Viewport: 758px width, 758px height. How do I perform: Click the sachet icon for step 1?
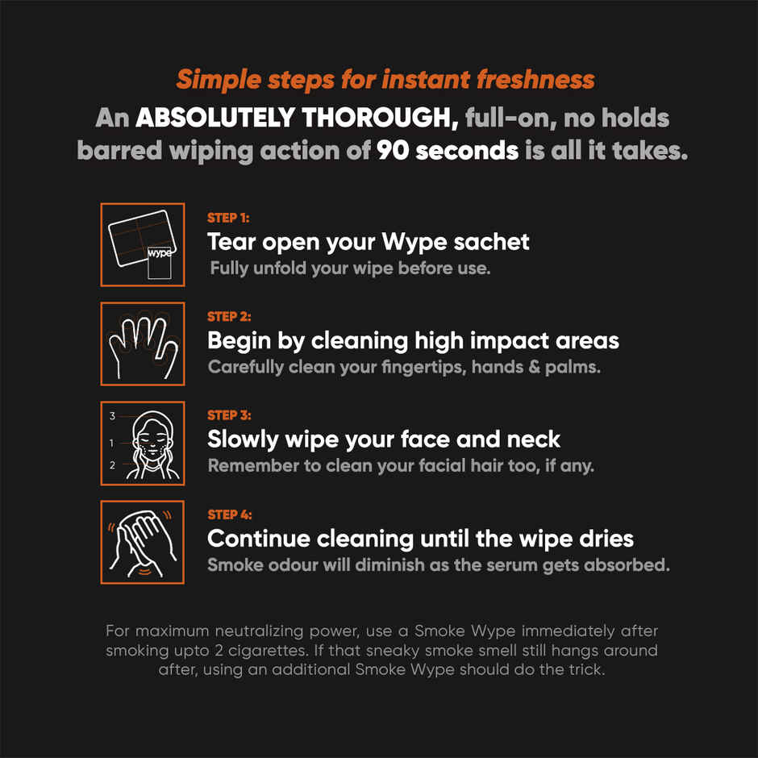[x=143, y=245]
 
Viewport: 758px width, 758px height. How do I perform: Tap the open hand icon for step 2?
[x=143, y=344]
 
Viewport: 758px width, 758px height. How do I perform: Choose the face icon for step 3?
[x=143, y=444]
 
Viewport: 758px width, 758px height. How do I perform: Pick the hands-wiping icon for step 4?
[x=143, y=542]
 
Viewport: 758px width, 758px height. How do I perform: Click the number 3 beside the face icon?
[x=113, y=416]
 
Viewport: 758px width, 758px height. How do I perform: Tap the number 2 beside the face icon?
[x=113, y=465]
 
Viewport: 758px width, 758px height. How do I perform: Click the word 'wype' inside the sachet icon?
[x=160, y=252]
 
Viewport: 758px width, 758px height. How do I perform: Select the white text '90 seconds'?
[x=448, y=150]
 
